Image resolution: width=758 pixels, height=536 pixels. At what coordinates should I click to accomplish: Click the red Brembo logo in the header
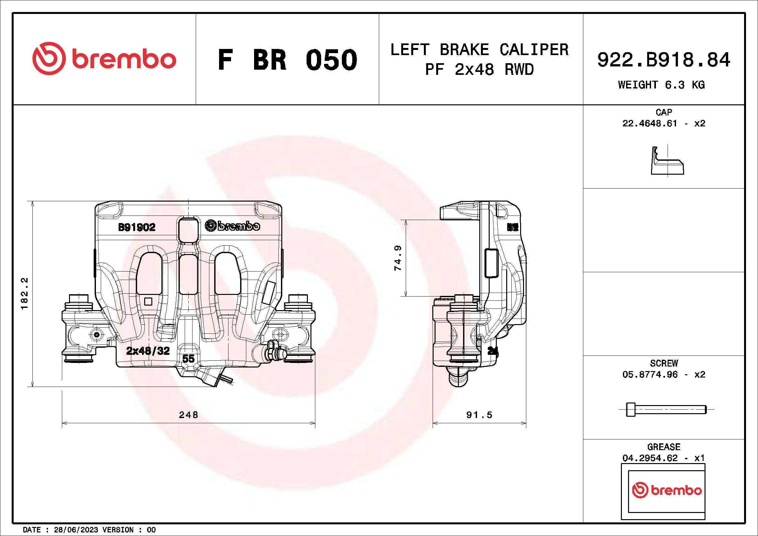coord(104,58)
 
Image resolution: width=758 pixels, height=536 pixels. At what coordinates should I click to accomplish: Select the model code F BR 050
coord(287,60)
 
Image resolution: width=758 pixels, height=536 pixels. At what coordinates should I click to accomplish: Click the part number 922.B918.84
coord(664,60)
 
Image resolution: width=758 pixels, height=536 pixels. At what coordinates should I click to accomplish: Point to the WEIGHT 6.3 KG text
coord(661,85)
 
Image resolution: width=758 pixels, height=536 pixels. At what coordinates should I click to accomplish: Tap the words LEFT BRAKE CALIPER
coord(479,50)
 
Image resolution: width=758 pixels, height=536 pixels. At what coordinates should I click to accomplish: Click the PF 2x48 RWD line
coord(479,70)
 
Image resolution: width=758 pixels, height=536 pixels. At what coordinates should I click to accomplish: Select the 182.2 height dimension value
coord(25,293)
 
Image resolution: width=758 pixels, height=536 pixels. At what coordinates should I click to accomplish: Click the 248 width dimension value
coord(188,414)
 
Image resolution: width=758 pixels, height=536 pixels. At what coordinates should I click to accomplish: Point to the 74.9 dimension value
coord(398,258)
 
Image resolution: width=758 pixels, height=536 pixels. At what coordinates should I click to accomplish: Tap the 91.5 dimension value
coord(479,414)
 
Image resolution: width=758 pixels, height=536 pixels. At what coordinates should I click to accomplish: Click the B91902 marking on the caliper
coord(137,227)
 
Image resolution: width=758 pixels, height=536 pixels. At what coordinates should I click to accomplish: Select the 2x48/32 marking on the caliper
coord(148,351)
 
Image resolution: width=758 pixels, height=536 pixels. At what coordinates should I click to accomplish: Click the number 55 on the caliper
coord(188,358)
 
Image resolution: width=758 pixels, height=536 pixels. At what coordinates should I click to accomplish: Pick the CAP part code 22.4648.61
coord(649,123)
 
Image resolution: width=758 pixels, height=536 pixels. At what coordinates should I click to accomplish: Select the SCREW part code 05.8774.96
coord(650,374)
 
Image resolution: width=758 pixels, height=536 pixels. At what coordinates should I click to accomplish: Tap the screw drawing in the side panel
coord(666,409)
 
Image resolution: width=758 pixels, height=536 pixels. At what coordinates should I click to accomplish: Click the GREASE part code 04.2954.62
coord(650,458)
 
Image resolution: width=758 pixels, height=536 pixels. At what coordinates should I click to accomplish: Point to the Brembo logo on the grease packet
coord(667,490)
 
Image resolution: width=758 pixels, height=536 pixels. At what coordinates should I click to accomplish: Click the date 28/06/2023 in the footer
coord(76,530)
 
